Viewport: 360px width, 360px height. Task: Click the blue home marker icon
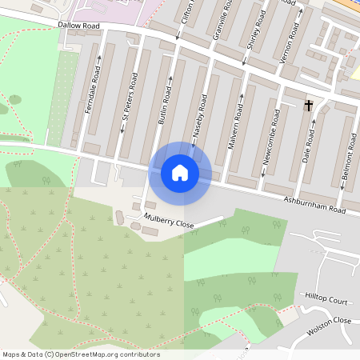(180, 173)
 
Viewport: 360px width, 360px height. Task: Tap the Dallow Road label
(78, 25)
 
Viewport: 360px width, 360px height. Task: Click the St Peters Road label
(128, 98)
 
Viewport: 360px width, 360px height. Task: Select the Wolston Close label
(329, 325)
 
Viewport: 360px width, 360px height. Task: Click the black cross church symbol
(309, 105)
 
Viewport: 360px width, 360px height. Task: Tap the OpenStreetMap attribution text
(82, 354)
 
